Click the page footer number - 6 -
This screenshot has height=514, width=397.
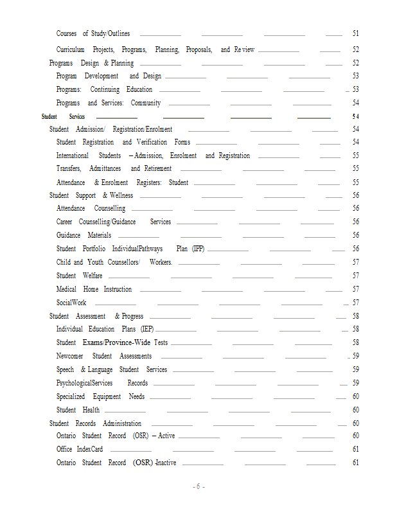click(x=199, y=486)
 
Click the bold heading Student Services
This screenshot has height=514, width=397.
click(x=63, y=116)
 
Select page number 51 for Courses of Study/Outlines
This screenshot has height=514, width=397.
click(x=355, y=33)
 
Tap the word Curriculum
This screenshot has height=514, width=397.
click(x=71, y=49)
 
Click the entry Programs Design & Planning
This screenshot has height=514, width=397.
click(x=91, y=63)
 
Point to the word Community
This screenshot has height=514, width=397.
click(x=146, y=103)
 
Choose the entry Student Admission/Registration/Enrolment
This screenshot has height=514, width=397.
click(x=110, y=129)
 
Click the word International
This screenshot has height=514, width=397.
click(x=72, y=155)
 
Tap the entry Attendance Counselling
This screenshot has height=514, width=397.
click(x=91, y=208)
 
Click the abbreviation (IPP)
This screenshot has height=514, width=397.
click(x=198, y=249)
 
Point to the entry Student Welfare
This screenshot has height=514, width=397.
click(x=79, y=276)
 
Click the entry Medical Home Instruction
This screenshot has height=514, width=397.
click(x=94, y=289)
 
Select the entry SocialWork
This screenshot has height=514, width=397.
click(x=71, y=303)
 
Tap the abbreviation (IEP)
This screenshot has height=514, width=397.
click(x=147, y=329)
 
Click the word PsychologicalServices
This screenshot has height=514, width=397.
click(x=84, y=383)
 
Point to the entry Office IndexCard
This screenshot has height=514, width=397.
click(x=80, y=449)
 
